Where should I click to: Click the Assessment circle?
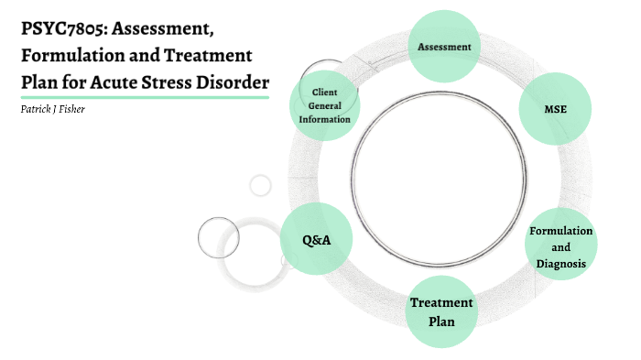pyautogui.click(x=444, y=46)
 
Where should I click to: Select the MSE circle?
pyautogui.click(x=556, y=109)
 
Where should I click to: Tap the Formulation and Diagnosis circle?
pyautogui.click(x=560, y=246)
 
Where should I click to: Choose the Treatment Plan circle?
pyautogui.click(x=441, y=311)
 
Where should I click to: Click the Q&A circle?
pyautogui.click(x=316, y=240)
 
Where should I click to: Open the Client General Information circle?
pyautogui.click(x=325, y=105)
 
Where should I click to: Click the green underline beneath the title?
pyautogui.click(x=145, y=97)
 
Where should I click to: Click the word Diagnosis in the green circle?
pyautogui.click(x=560, y=264)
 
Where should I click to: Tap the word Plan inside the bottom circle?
pyautogui.click(x=441, y=321)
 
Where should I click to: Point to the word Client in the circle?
pyautogui.click(x=325, y=93)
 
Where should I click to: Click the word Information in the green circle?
pyautogui.click(x=325, y=118)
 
